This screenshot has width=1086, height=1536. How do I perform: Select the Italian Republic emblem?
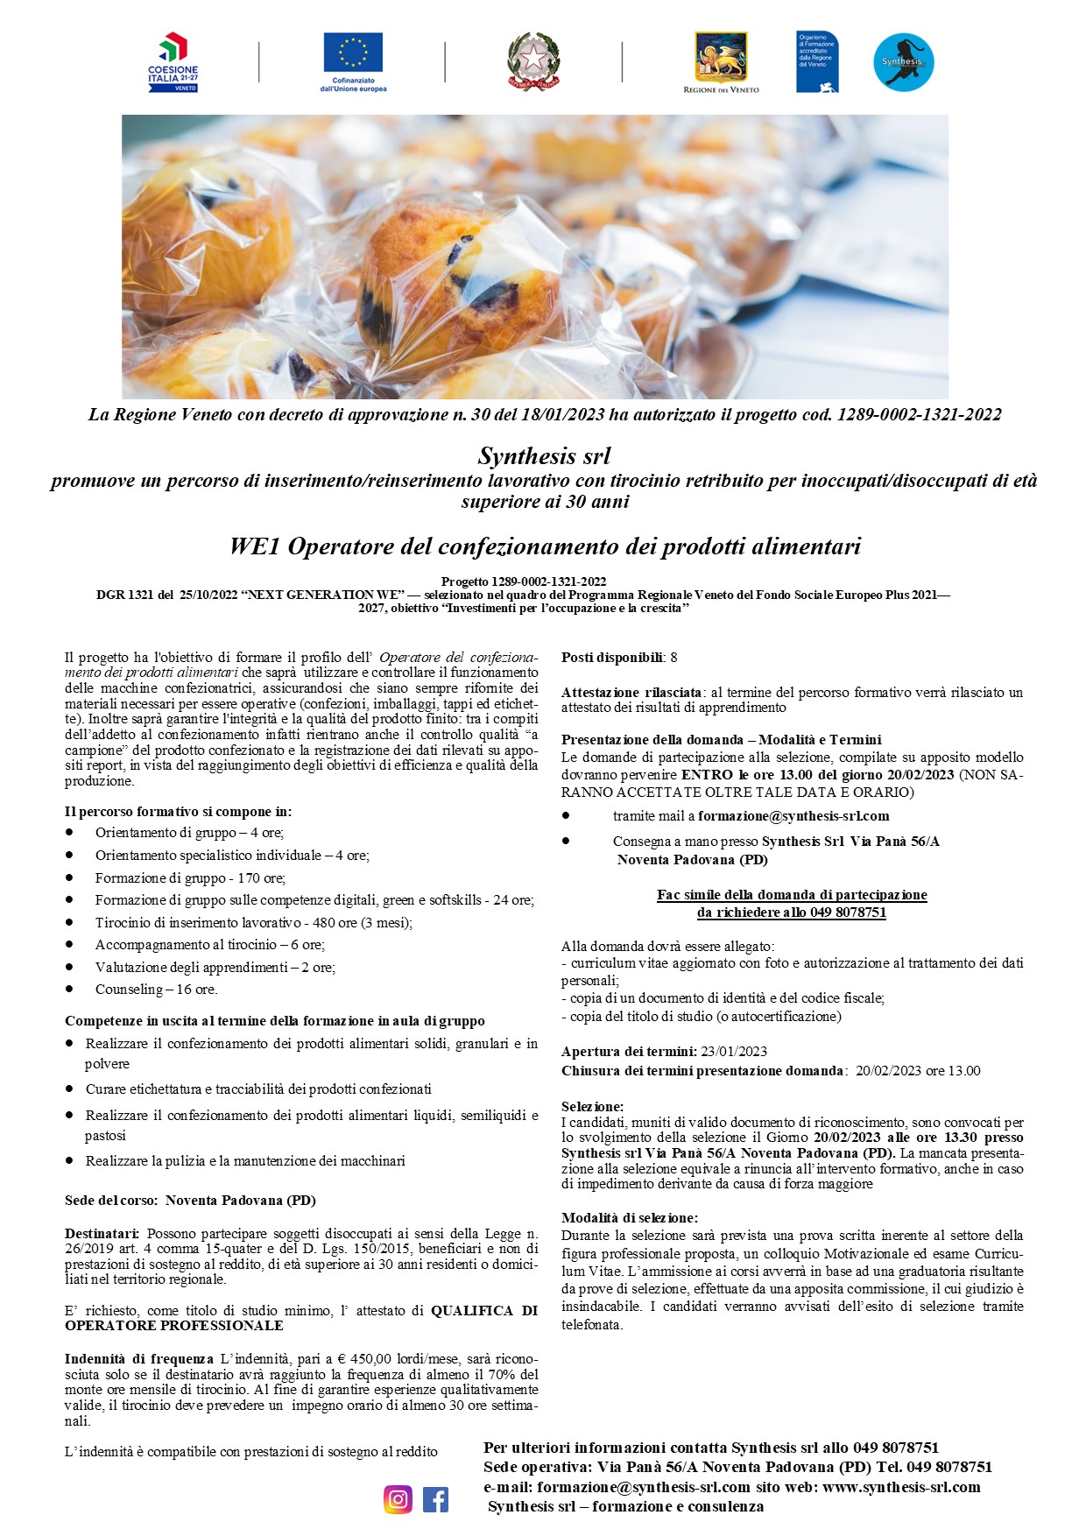pos(533,60)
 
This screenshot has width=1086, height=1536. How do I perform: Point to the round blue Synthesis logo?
pos(903,62)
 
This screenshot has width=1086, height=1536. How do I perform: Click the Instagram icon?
pos(398,1499)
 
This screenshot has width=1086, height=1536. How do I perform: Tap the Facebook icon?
pos(435,1499)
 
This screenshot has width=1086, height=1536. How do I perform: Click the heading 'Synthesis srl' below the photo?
pos(543,456)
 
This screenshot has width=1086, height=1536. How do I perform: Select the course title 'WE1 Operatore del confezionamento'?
pos(544,546)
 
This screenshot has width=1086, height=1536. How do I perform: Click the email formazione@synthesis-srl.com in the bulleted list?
pos(793,816)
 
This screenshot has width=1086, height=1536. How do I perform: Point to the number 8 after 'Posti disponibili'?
pos(673,658)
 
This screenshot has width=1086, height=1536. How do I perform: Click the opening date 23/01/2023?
pos(734,1052)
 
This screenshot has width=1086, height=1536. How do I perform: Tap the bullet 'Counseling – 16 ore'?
pos(156,990)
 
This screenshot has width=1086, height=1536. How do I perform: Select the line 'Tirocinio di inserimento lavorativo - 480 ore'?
pos(253,922)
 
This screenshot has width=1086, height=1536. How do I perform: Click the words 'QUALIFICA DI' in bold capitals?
pos(484,1311)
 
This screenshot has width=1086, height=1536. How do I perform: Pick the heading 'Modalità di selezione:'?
pos(630,1218)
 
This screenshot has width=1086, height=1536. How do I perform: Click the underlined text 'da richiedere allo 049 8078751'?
pos(792,912)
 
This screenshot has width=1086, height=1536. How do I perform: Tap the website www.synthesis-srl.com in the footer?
pos(901,1487)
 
